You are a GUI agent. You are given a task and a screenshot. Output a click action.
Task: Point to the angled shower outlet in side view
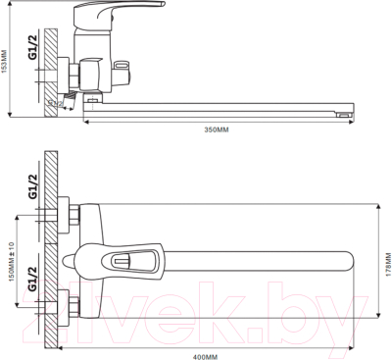pyautogui.click(x=61, y=103)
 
